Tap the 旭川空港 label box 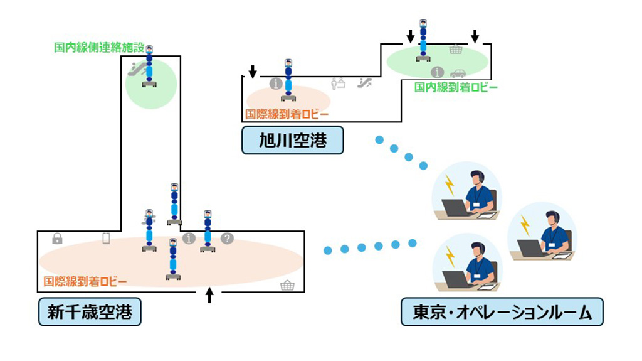[293, 140]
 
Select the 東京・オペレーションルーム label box [502, 312]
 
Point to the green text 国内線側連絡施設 [99, 47]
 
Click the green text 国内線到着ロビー [456, 87]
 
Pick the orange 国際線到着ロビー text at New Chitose [85, 281]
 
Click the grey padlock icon [57, 239]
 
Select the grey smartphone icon [106, 239]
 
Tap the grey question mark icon [227, 239]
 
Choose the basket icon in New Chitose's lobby [287, 286]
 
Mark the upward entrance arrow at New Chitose [209, 295]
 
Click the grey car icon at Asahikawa [458, 73]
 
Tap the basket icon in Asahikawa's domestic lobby [456, 49]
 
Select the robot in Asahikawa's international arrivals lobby [288, 80]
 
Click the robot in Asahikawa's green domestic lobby [424, 41]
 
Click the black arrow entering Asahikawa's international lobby [252, 72]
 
